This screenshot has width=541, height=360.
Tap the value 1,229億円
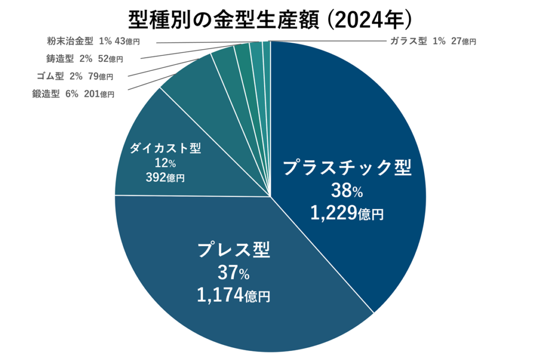pos(347,213)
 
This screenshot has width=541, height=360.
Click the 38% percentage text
pos(347,191)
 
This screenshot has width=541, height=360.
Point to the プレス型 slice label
pos(234,250)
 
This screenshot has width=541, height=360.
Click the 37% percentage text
pos(234,273)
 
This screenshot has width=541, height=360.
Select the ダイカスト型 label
pos(165,149)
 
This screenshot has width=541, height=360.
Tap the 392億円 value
pos(165,178)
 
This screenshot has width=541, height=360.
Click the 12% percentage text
pos(165,163)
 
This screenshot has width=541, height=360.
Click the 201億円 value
pos(99,94)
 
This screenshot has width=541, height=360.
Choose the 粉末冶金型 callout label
pos(69,41)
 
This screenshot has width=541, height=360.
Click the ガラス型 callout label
pos(408,41)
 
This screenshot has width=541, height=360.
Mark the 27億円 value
pos(463,41)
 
